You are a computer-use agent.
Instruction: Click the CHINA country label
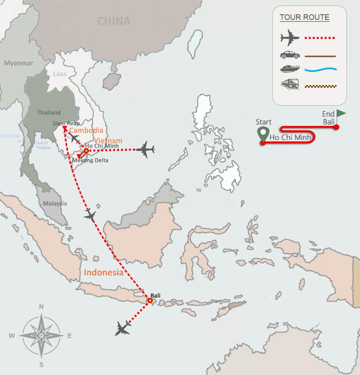point(114,21)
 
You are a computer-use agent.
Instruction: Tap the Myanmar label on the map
point(19,63)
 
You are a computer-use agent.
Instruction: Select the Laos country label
point(60,74)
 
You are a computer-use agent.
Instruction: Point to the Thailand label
point(48,112)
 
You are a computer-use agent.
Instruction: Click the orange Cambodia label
point(86,130)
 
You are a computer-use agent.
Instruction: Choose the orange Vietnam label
point(108,141)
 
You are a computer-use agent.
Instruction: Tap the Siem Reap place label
point(66,123)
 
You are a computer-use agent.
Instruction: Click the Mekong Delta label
point(90,160)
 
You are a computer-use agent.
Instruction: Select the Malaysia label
point(55,203)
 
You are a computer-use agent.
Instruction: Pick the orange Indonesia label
point(103,273)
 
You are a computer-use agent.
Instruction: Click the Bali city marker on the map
point(150,301)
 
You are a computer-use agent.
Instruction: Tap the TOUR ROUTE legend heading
point(304,17)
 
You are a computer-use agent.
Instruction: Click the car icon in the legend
point(290,55)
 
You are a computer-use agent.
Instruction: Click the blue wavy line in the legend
point(320,70)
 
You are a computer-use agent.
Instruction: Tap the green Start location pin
point(262,133)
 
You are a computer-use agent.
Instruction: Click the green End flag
point(341,113)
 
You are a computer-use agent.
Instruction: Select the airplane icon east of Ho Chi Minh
point(145,150)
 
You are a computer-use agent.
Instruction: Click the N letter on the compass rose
point(41,307)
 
